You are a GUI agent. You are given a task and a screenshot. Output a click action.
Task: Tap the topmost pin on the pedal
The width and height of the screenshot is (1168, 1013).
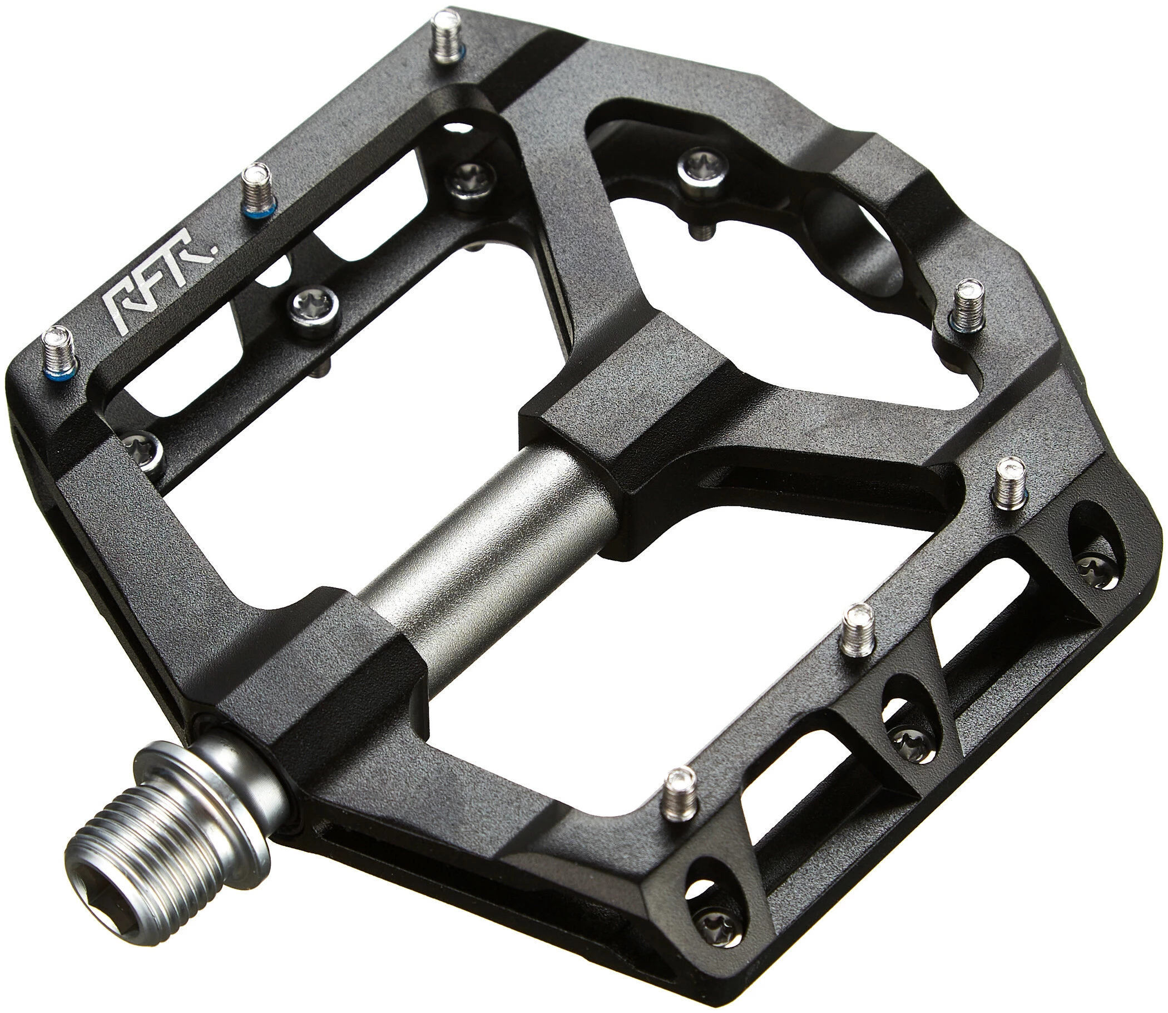click(447, 39)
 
